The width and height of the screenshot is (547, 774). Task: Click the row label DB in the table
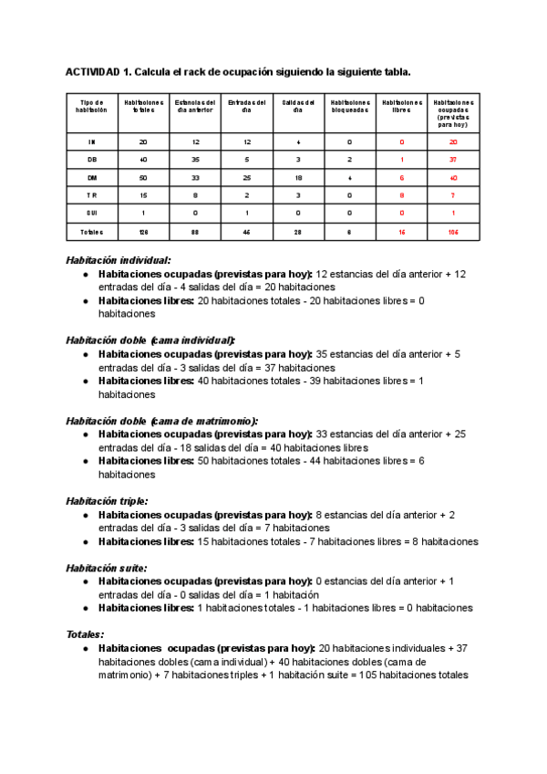[91, 160]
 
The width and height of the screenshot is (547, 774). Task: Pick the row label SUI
[91, 212]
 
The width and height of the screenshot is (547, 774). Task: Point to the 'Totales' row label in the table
[91, 233]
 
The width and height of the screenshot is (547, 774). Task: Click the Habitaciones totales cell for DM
[143, 177]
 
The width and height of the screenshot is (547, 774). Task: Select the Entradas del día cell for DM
[246, 177]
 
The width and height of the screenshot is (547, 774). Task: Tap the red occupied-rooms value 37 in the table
[453, 160]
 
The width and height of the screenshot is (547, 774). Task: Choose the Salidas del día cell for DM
[297, 177]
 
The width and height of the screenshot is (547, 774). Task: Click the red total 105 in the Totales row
[453, 233]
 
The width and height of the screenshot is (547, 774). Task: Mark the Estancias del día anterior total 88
[195, 233]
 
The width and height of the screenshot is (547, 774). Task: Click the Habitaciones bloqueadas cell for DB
[349, 160]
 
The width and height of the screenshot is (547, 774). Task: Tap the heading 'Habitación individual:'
[119, 260]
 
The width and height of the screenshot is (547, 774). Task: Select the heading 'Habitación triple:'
[107, 501]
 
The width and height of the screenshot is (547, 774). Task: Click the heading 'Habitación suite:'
[106, 568]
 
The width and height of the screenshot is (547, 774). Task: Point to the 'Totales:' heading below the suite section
[85, 634]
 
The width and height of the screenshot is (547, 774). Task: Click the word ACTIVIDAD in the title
[91, 72]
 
